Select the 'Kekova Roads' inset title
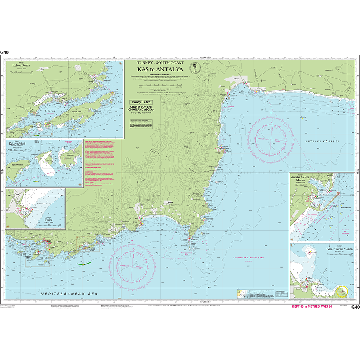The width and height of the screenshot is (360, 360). (x=21, y=65)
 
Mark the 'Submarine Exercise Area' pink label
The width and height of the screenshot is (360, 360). (x=250, y=257)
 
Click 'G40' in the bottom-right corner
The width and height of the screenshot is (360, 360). (x=355, y=307)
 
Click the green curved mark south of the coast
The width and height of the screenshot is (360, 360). (x=84, y=263)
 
